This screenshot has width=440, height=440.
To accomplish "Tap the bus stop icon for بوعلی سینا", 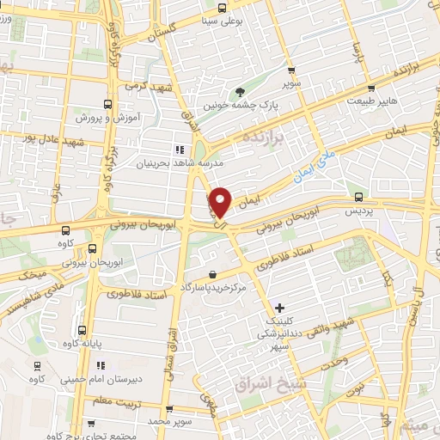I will [x=222, y=9].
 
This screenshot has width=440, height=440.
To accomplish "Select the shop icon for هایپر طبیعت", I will [x=371, y=87].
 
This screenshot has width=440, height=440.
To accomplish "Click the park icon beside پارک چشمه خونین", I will [x=241, y=92].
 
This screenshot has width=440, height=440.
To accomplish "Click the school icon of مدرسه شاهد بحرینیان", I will [x=180, y=148].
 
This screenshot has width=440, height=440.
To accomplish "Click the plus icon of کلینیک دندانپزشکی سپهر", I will [x=279, y=307].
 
